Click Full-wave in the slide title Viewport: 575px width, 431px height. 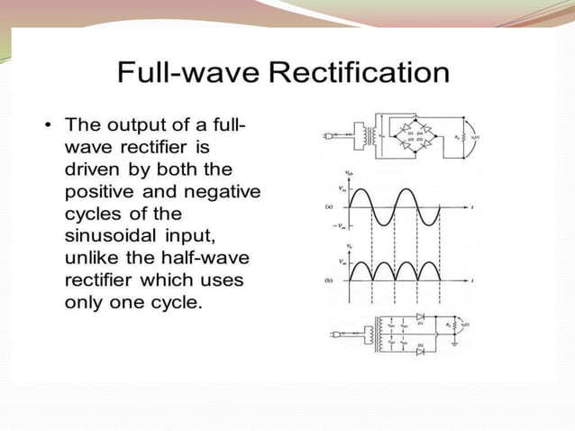[x=186, y=71]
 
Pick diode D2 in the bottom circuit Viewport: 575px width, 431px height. [x=419, y=351]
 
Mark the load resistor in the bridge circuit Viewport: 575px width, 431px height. [x=465, y=136]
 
